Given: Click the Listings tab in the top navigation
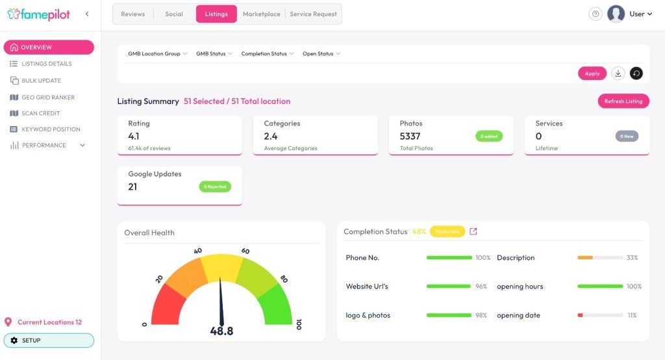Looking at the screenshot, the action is coord(216,14).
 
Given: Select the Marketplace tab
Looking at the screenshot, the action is coord(261,14).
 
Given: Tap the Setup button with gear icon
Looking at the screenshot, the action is coord(49,341).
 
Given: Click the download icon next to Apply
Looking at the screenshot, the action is coord(618,73).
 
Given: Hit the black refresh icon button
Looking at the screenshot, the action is coord(636,73).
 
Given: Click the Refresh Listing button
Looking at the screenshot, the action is coord(623,101).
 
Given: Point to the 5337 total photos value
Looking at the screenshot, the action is coord(410,136).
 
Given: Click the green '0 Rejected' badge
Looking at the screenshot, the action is coord(215,186).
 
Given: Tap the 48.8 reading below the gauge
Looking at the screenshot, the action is coord(221,331).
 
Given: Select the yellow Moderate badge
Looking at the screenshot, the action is coord(447,231).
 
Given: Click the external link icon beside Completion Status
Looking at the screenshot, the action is coord(473,231).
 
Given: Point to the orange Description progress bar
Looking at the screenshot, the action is coord(585,258).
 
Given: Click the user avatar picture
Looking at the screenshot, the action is coord(616,14).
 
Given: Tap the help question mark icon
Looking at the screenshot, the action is coord(596,14).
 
